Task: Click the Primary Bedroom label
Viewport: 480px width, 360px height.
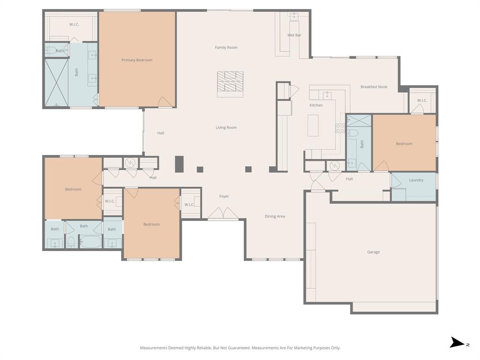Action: pyautogui.click(x=137, y=60)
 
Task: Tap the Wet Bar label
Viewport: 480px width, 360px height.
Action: pyautogui.click(x=294, y=35)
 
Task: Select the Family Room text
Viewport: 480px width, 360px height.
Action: pyautogui.click(x=226, y=47)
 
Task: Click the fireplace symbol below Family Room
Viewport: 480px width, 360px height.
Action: pyautogui.click(x=230, y=84)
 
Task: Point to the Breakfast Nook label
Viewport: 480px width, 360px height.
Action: pyautogui.click(x=374, y=87)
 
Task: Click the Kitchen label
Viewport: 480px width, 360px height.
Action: pyautogui.click(x=316, y=105)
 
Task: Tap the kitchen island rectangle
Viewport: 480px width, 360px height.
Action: pyautogui.click(x=313, y=125)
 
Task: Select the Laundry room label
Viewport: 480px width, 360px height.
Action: pyautogui.click(x=416, y=180)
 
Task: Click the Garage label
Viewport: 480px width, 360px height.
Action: pyautogui.click(x=373, y=252)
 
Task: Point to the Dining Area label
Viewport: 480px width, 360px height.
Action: pyautogui.click(x=275, y=217)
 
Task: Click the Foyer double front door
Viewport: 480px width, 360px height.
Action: pyautogui.click(x=223, y=214)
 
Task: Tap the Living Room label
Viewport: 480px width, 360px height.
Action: pyautogui.click(x=226, y=127)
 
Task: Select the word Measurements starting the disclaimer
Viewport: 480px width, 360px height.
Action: pyautogui.click(x=154, y=348)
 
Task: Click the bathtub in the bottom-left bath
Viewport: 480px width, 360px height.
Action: pyautogui.click(x=90, y=242)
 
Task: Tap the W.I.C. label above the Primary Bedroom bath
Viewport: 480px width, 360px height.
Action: pyautogui.click(x=74, y=24)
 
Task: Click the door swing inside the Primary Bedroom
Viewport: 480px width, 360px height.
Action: pyautogui.click(x=165, y=102)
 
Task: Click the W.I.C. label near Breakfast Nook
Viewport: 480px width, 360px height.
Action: pyautogui.click(x=422, y=100)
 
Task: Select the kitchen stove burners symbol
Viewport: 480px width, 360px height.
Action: pyautogui.click(x=340, y=128)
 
